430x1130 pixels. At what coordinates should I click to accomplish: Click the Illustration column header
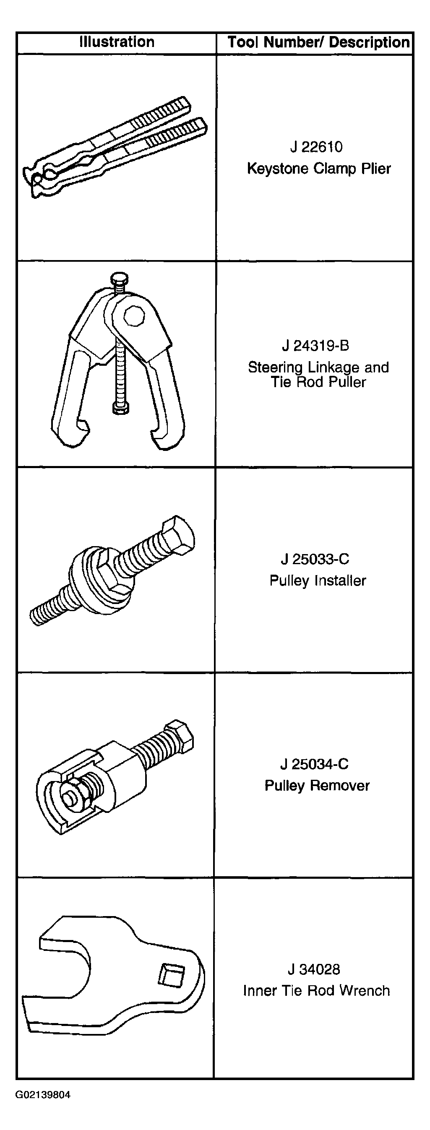117,42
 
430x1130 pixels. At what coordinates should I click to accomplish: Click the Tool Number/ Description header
318,42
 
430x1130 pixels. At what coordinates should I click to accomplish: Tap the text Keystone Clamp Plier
318,169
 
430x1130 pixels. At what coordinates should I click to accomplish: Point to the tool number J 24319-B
315,346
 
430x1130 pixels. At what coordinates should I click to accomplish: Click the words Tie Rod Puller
318,382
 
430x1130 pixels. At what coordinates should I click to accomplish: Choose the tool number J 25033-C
315,559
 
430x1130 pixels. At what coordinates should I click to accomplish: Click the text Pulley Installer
318,581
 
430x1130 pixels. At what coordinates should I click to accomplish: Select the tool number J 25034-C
315,764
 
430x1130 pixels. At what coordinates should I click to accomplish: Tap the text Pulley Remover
317,785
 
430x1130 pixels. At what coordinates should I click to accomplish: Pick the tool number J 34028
314,969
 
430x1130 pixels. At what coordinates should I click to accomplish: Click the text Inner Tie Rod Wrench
316,990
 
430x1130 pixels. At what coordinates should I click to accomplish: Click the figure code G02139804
43,1095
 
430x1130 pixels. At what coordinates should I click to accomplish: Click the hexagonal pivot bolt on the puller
134,315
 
